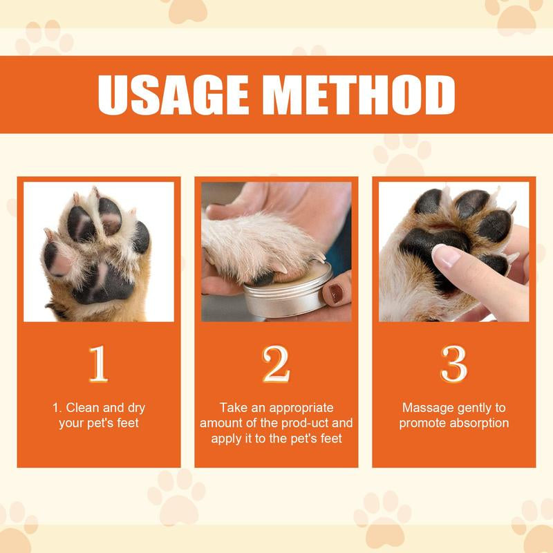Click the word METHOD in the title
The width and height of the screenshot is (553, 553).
tap(359, 95)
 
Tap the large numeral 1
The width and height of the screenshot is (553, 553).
tap(98, 364)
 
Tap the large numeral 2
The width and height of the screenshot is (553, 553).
tap(276, 364)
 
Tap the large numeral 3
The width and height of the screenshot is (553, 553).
tap(454, 364)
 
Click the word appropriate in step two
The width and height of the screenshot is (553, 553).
tap(301, 408)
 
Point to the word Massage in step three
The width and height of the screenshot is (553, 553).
tap(424, 408)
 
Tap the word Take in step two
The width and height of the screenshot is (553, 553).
tap(232, 408)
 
